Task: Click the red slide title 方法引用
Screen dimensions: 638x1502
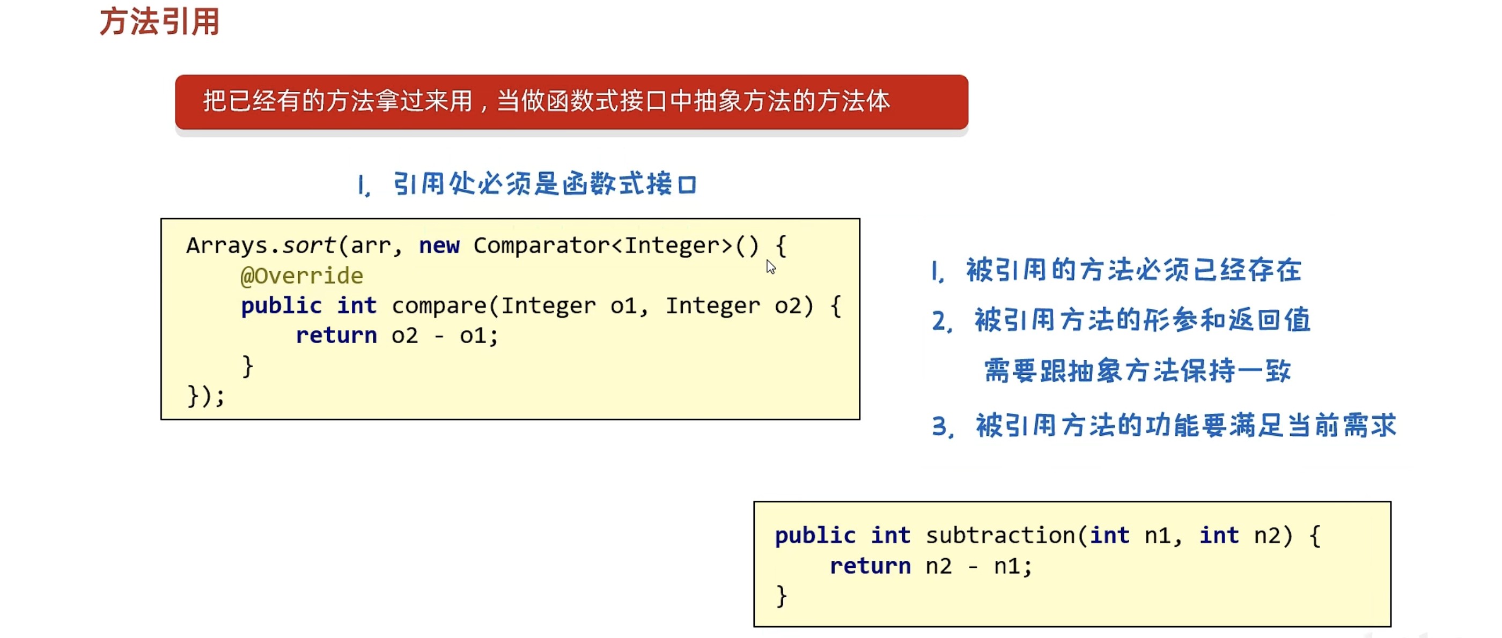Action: click(159, 22)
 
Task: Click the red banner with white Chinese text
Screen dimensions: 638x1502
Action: click(571, 102)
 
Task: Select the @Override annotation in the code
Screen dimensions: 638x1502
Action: click(301, 276)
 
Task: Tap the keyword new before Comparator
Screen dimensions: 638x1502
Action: click(439, 246)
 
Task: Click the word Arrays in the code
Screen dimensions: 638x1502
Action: click(227, 246)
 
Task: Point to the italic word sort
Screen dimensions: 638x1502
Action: click(309, 246)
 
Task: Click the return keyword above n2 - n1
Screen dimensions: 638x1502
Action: click(870, 566)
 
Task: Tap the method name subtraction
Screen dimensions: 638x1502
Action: click(1000, 535)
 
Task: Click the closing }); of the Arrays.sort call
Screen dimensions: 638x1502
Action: click(205, 396)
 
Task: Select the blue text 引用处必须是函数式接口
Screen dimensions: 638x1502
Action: click(544, 184)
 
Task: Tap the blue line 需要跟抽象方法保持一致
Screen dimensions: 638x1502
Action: click(1137, 370)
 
